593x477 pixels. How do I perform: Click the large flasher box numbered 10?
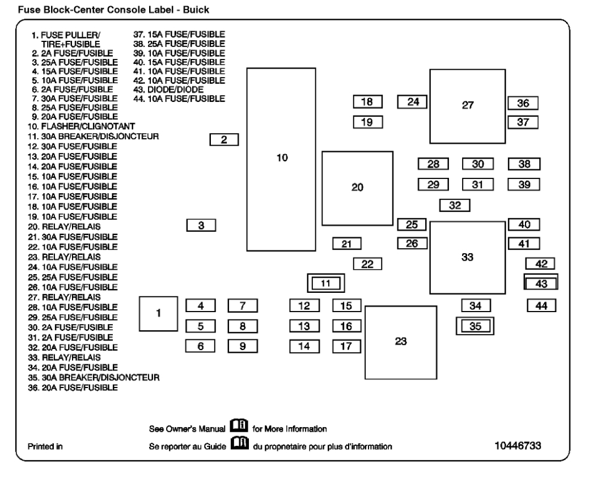pyautogui.click(x=282, y=159)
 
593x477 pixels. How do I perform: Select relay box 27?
pyautogui.click(x=467, y=106)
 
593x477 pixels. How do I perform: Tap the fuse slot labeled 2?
pyautogui.click(x=224, y=139)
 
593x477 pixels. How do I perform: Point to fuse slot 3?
pyautogui.click(x=201, y=226)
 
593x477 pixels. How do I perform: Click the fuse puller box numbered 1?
pyautogui.click(x=159, y=313)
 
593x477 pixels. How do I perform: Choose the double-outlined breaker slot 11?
pyautogui.click(x=325, y=283)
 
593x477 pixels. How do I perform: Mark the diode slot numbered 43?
pyautogui.click(x=541, y=283)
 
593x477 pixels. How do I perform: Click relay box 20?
pyautogui.click(x=357, y=188)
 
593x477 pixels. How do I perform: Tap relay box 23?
pyautogui.click(x=401, y=342)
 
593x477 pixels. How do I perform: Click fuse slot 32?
pyautogui.click(x=455, y=205)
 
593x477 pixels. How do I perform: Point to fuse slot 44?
pyautogui.click(x=541, y=305)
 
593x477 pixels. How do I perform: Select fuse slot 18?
pyautogui.click(x=367, y=102)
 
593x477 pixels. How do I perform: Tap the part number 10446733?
pyautogui.click(x=518, y=446)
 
